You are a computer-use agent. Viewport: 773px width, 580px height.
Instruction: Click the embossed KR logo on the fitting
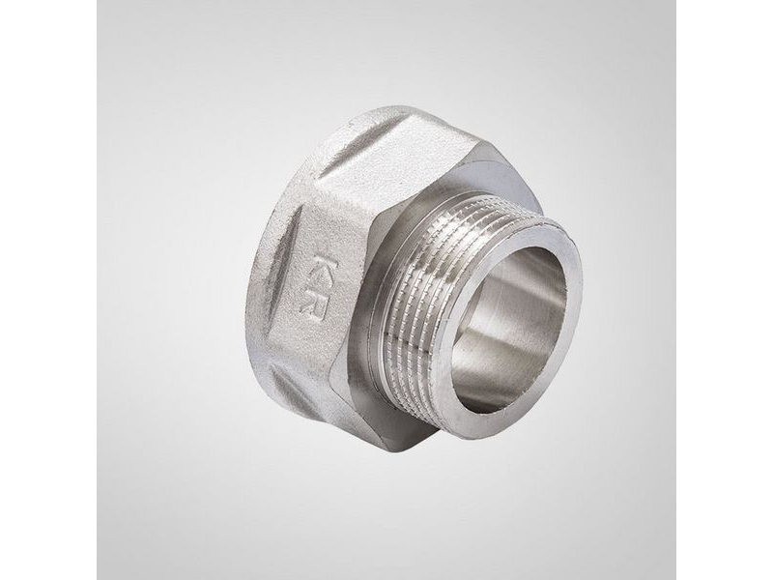pyautogui.click(x=316, y=285)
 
